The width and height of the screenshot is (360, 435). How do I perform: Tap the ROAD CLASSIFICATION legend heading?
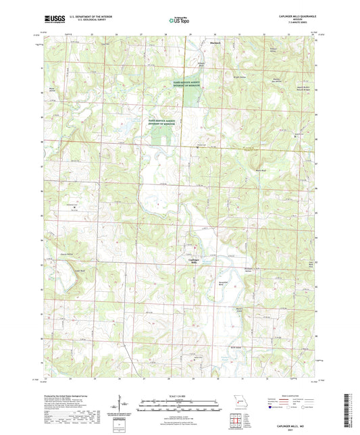pyautogui.click(x=290, y=396)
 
